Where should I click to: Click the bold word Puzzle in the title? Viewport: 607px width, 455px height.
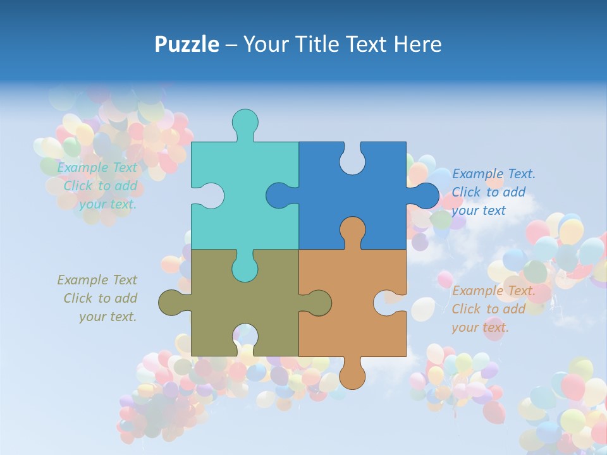187,44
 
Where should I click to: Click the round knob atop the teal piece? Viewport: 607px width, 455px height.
245,122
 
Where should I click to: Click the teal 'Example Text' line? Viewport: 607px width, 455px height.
97,167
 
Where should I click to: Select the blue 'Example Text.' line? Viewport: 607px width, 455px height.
493,174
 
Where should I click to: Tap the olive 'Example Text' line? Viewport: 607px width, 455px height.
97,280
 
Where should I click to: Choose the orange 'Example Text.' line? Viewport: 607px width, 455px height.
493,291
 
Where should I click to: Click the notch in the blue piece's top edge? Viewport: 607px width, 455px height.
352,159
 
